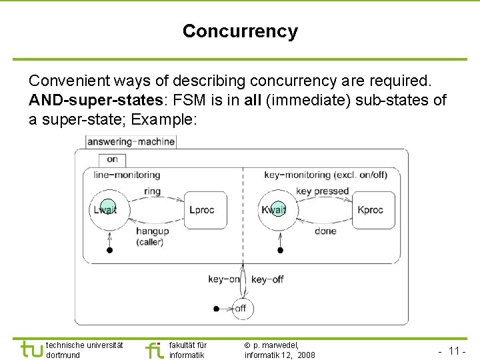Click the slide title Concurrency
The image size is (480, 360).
coord(240,31)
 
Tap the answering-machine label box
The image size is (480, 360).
coord(131,141)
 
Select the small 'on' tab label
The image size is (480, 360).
coord(112,159)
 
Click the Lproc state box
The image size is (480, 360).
coord(203,210)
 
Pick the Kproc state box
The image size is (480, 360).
coord(371,210)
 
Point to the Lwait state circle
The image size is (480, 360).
coord(107,210)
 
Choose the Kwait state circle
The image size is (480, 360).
coord(275,210)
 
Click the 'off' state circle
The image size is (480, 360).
coord(241,309)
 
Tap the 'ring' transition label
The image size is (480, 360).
coord(152,191)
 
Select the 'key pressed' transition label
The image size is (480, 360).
coord(323,191)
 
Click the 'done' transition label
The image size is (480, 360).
coord(325,231)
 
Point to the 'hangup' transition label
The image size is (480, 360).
coord(152,231)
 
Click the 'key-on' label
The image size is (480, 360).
coord(223,279)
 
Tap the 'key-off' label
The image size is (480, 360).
coord(267,279)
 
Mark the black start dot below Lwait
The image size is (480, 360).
coord(110,250)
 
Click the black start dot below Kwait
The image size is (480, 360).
coord(280,250)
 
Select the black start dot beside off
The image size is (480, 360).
coord(216,309)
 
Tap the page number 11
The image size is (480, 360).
coord(456,351)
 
